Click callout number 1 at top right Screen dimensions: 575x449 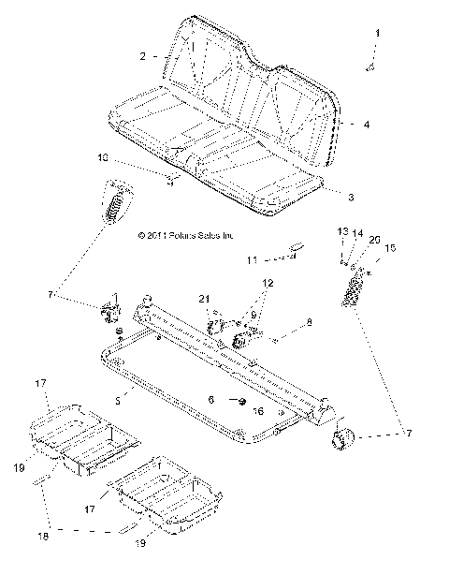pos(378,33)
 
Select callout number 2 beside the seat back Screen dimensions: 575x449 pos(143,57)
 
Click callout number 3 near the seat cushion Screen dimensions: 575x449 pos(350,198)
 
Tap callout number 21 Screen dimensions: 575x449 pos(201,298)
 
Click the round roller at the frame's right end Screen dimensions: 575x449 pos(340,438)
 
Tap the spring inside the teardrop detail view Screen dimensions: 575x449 pos(116,202)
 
